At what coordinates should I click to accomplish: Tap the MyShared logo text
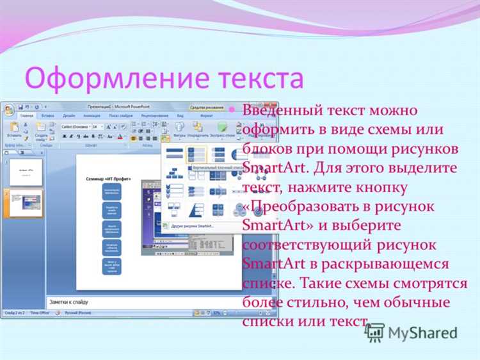tap(423, 332)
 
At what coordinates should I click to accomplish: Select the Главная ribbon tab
tap(27, 116)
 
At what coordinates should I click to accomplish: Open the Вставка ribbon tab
tap(47, 116)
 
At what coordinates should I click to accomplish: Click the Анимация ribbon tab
tap(91, 116)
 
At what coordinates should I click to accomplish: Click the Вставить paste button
tap(14, 131)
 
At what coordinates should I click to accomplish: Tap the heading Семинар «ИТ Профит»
tap(108, 179)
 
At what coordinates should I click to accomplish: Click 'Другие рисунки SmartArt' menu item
tap(192, 226)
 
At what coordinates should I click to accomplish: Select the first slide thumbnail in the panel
tap(26, 172)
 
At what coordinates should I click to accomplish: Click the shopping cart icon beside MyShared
tap(374, 332)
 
